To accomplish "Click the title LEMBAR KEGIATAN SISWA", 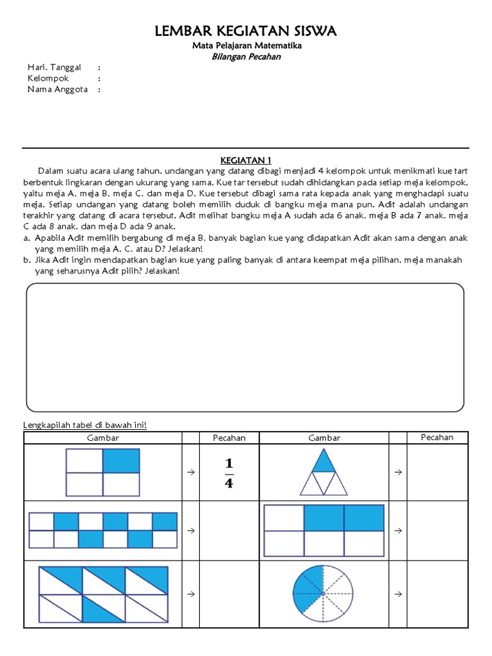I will [246, 31].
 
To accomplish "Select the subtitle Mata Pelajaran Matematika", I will [247, 46].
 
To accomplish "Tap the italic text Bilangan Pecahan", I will [246, 57].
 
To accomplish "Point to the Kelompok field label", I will [48, 78].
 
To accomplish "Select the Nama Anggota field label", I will [56, 89].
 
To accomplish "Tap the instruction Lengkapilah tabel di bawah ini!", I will [85, 425].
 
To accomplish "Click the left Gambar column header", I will [103, 438].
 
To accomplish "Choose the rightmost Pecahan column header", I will [437, 438].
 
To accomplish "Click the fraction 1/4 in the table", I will [229, 473].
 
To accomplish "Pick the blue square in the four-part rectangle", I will [121, 461].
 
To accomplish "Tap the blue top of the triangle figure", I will [324, 461].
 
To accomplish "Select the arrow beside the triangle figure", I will [397, 472].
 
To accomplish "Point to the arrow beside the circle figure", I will [397, 594].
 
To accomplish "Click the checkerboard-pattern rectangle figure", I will [103, 530].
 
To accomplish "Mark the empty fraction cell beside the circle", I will [437, 594].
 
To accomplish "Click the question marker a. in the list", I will [27, 238].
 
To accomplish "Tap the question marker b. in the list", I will [27, 260].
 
